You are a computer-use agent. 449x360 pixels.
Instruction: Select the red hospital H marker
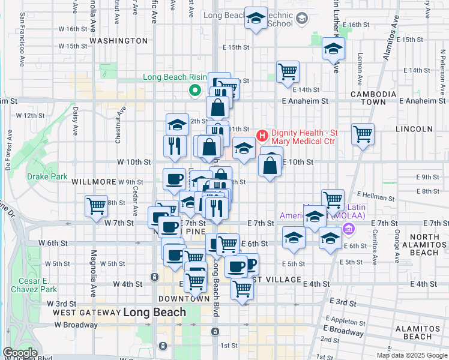[262, 136]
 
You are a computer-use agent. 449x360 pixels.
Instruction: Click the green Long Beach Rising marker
[194, 91]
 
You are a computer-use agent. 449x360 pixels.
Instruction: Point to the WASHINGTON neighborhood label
[118, 41]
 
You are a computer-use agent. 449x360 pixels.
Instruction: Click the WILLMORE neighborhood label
[93, 181]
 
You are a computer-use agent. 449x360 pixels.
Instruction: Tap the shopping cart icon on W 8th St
[96, 206]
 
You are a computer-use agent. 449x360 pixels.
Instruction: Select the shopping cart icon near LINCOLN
[363, 134]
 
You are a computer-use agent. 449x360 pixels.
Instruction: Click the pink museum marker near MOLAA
[348, 229]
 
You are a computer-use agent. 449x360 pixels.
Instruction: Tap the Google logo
[20, 353]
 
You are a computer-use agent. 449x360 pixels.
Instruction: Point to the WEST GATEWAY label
[85, 313]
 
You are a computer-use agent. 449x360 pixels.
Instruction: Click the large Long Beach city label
[154, 312]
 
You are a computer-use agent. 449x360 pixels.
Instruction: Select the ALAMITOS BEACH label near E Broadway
[418, 332]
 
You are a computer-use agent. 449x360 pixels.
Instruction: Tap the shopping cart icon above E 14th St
[288, 71]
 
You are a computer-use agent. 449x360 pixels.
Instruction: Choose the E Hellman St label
[376, 196]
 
